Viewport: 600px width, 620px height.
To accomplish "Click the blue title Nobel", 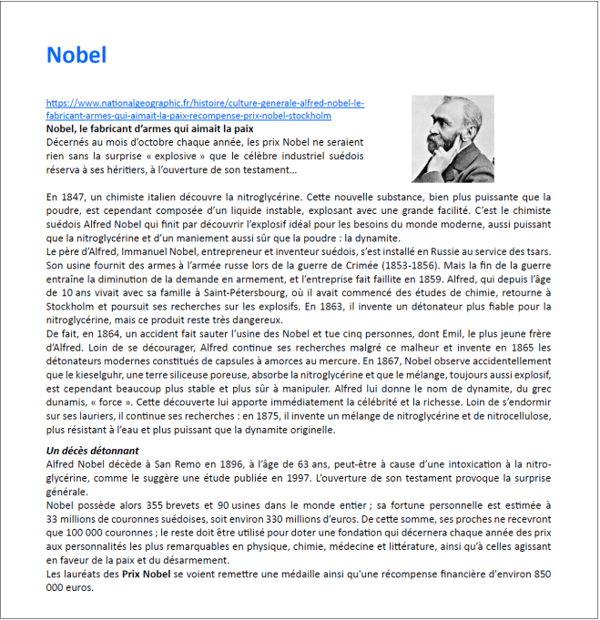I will tap(76, 56).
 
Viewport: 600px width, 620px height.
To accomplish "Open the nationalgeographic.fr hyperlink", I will tap(205, 110).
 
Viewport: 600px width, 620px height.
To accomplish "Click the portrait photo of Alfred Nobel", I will tap(453, 138).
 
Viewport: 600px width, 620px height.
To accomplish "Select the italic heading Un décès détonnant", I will tap(93, 452).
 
